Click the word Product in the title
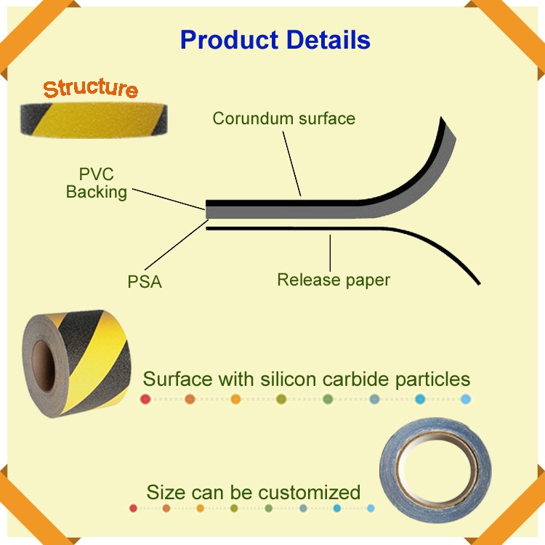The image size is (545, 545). (230, 40)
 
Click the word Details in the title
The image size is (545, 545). (328, 40)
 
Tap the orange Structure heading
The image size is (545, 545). (90, 88)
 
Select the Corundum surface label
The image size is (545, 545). (283, 118)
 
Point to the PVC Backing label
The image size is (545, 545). (96, 183)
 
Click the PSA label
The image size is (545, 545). (145, 281)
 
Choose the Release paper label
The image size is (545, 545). (334, 280)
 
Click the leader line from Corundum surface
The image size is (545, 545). (291, 163)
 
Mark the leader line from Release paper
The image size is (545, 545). (330, 253)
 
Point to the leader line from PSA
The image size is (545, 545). (177, 245)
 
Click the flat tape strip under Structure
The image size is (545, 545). (94, 120)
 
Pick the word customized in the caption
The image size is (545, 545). (309, 492)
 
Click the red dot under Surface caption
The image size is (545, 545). (145, 399)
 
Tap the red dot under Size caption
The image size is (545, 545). (133, 508)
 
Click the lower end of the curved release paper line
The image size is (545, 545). (479, 283)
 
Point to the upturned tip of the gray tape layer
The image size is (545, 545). (442, 118)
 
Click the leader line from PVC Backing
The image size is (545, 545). (169, 199)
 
